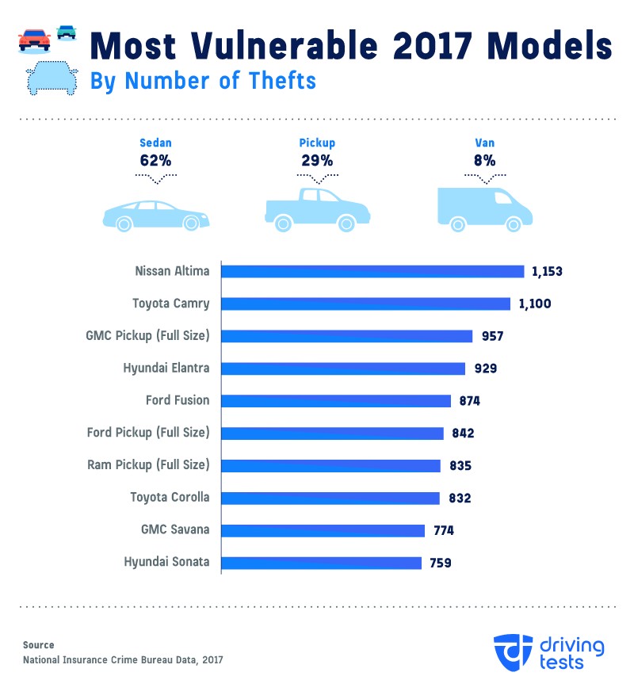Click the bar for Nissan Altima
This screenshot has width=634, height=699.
[372, 271]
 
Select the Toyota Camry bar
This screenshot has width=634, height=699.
[365, 304]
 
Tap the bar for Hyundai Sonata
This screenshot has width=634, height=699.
[321, 563]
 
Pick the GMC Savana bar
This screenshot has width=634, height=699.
[323, 530]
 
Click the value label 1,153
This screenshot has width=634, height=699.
[547, 271]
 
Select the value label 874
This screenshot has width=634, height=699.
[470, 401]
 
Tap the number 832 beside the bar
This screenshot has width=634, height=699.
[459, 498]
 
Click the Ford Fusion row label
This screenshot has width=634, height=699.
[178, 400]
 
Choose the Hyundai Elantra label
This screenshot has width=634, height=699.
[166, 368]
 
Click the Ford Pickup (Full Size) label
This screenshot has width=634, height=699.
[148, 433]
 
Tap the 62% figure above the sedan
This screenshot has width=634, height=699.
[155, 160]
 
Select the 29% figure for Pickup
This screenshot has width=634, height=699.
[317, 160]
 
